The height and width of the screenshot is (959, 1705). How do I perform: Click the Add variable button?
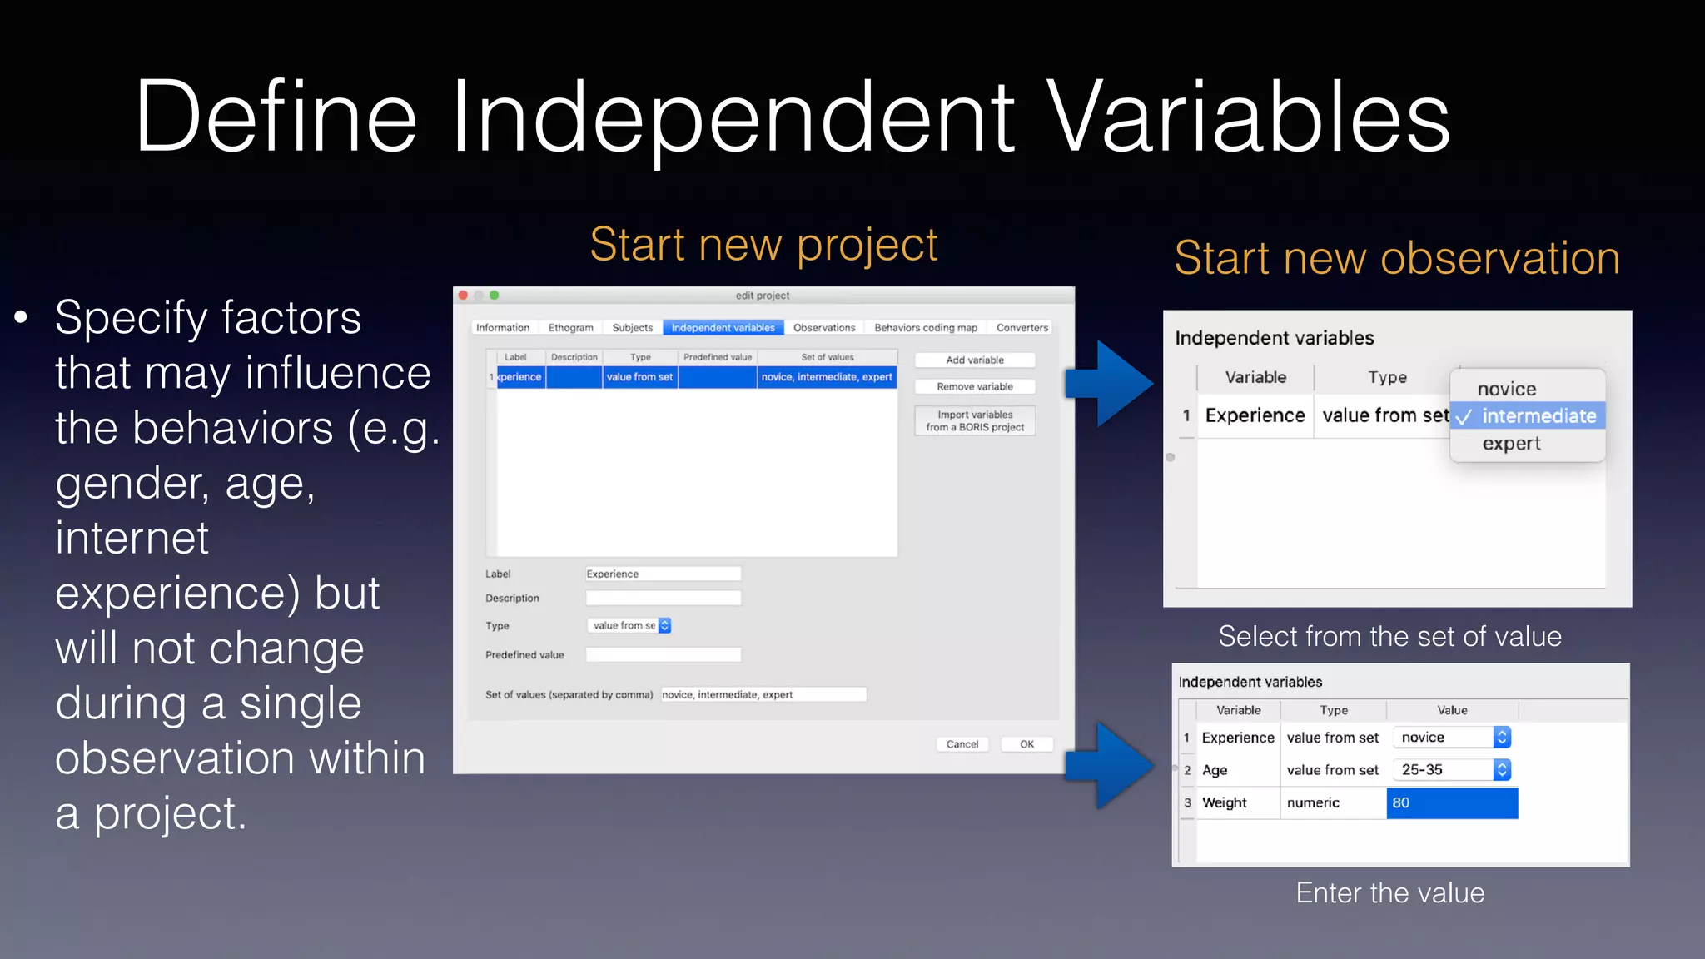[974, 360]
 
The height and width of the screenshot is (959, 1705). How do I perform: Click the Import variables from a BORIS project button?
[974, 420]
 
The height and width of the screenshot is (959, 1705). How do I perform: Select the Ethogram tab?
[570, 328]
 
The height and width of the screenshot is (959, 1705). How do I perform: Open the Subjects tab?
[632, 328]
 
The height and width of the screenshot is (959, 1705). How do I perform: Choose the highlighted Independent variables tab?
[723, 328]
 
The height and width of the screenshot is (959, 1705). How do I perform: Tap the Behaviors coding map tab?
[925, 328]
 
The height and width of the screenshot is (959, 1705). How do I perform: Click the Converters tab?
[1022, 328]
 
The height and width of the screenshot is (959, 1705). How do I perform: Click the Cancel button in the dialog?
[962, 744]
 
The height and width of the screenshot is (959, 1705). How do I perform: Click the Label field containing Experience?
[663, 574]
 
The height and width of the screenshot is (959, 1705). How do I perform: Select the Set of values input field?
[763, 694]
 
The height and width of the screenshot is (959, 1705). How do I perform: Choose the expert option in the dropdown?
[1511, 444]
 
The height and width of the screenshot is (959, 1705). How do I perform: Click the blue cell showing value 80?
[1451, 803]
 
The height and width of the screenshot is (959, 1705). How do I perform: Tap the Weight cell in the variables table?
[1225, 803]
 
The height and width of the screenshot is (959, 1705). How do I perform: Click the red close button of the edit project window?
[463, 296]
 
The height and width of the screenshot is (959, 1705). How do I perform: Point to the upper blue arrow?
[1111, 384]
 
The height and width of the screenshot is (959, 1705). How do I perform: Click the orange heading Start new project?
[763, 245]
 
